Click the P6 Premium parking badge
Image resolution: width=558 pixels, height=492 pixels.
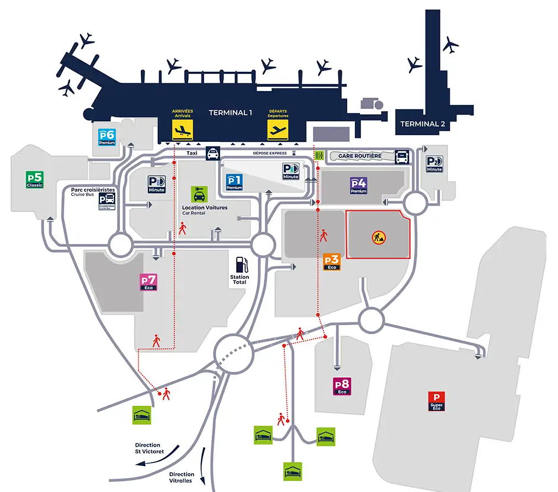coord(107,136)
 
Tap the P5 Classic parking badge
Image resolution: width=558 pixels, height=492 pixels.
coord(35,180)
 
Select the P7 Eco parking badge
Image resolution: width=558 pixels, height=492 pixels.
coord(149,282)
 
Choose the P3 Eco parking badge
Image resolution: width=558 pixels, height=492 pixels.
coord(332,262)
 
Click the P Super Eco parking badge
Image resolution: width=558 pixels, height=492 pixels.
coord(437,401)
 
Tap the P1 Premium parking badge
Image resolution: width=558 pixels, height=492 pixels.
coord(235,182)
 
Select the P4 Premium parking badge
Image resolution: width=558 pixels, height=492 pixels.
coord(358,185)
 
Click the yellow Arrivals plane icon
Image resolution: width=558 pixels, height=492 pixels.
coord(183,130)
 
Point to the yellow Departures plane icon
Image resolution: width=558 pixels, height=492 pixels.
coord(278,130)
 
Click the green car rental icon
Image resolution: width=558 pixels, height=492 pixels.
coord(199,194)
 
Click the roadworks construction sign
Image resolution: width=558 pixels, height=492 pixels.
coord(379,237)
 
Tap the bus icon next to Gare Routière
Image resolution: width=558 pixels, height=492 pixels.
coord(401,157)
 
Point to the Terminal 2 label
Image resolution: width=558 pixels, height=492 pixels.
coord(423,124)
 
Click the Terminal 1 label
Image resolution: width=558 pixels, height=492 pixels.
coord(230,113)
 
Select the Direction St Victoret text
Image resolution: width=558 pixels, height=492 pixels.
coord(150,448)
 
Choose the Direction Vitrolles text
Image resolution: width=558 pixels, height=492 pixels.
coord(182,477)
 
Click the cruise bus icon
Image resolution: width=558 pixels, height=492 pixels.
coord(107,202)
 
